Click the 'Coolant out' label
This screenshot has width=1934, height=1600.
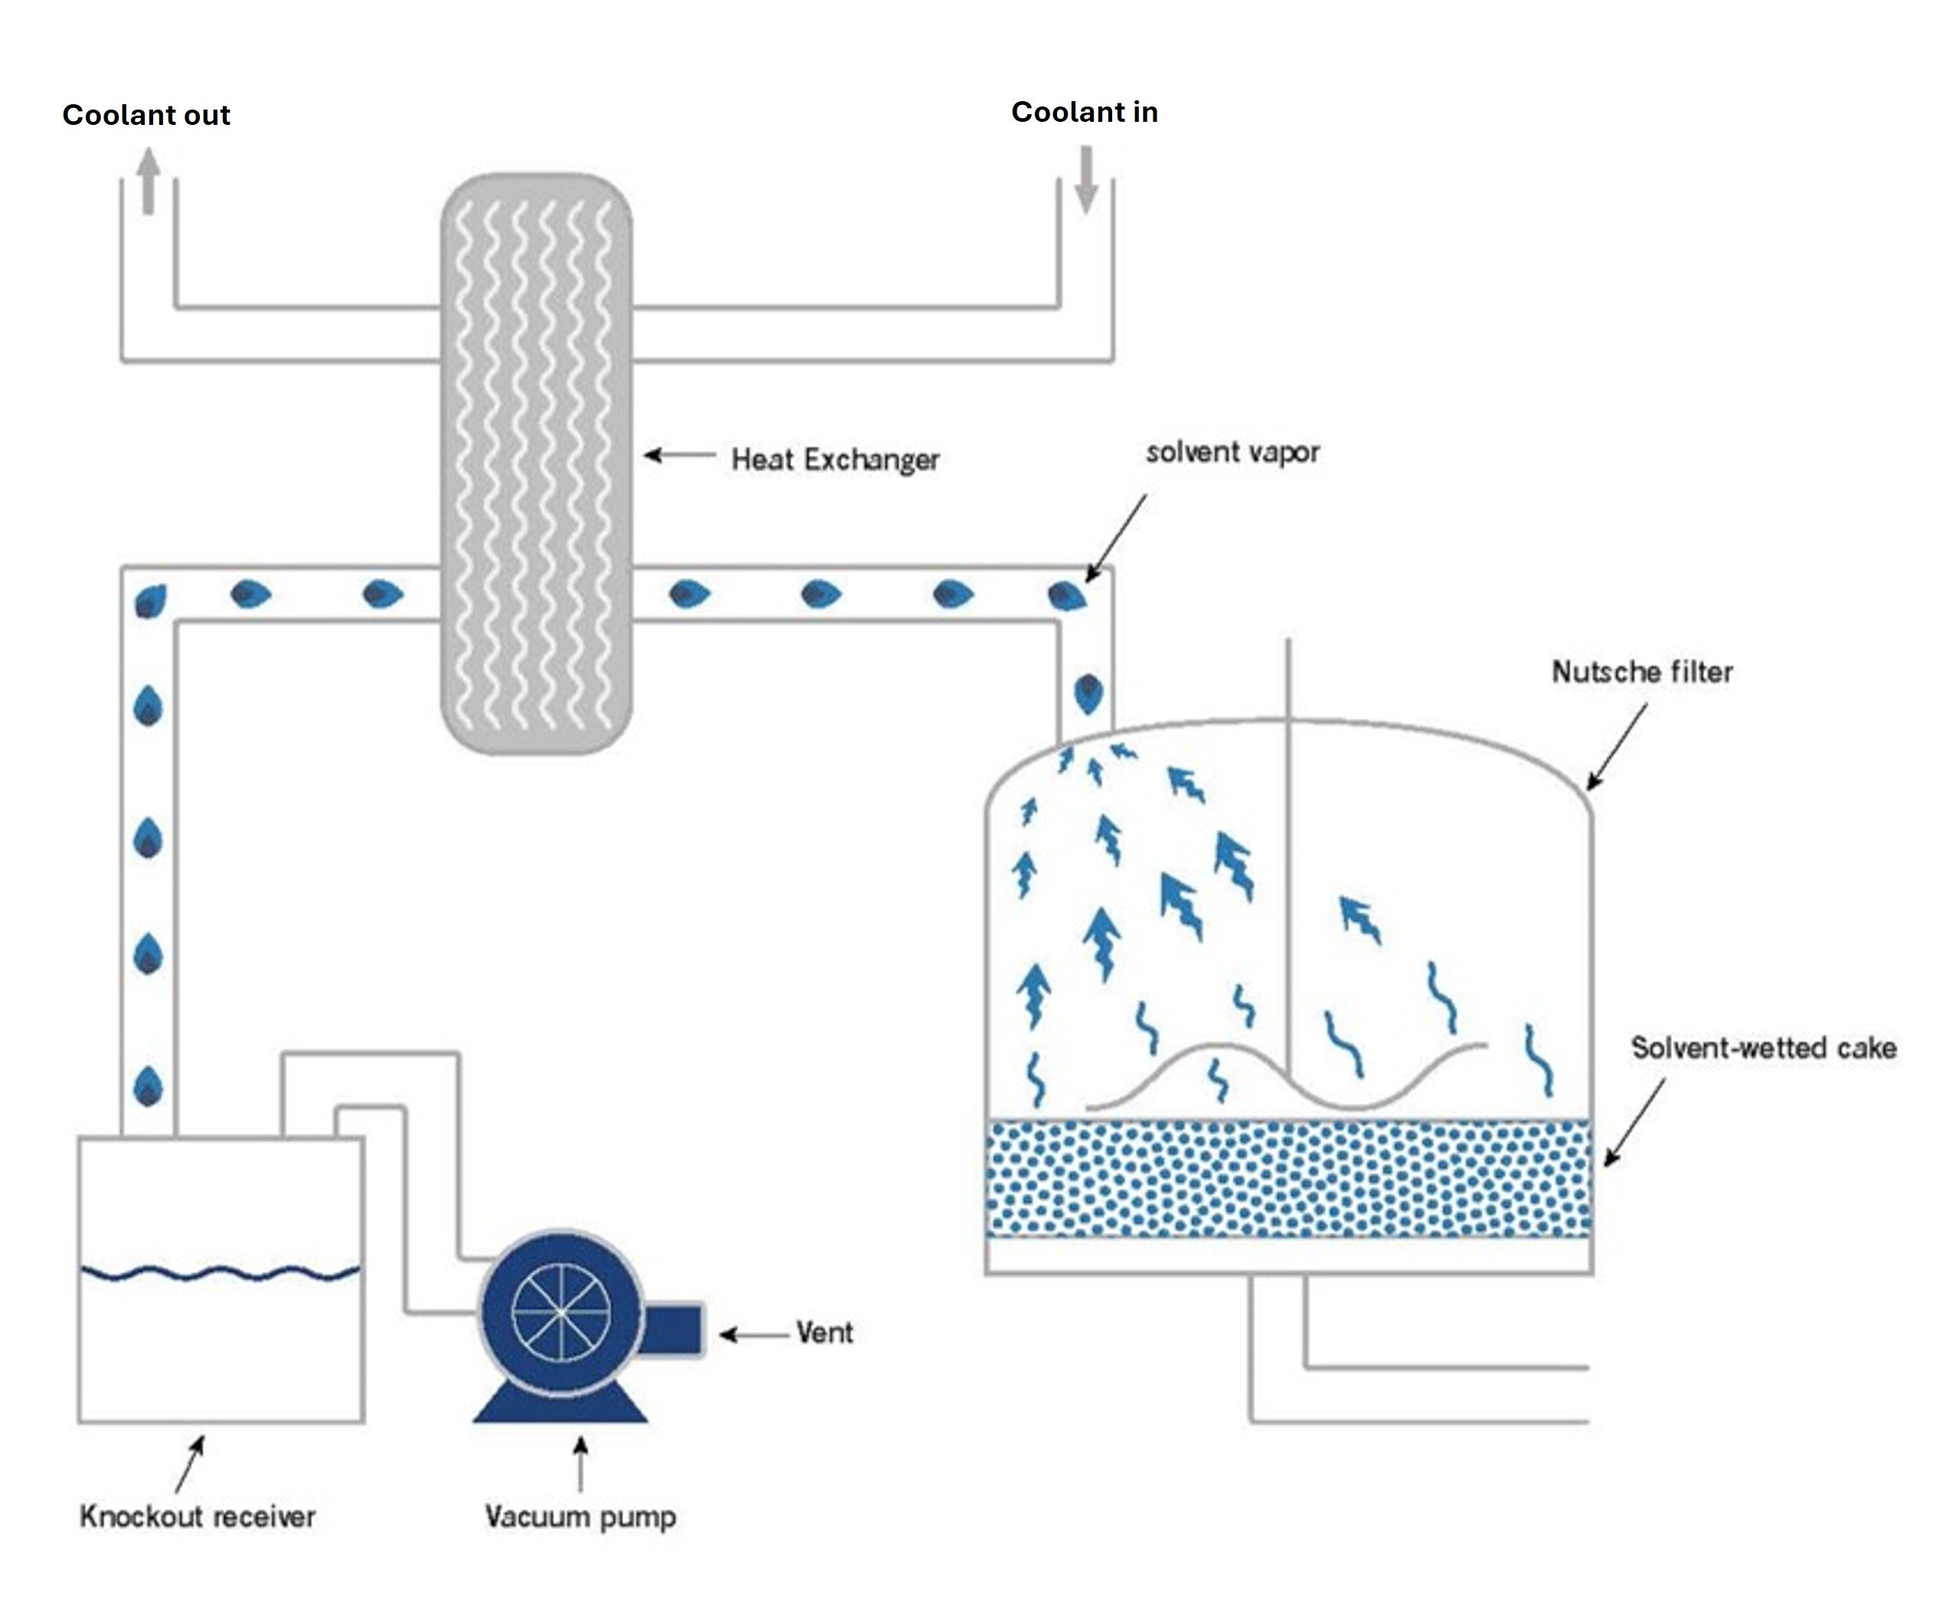click(146, 115)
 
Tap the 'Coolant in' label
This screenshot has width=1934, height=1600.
click(1084, 113)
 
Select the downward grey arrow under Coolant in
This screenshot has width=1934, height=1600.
click(1087, 179)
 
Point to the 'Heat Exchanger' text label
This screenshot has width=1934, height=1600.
click(834, 459)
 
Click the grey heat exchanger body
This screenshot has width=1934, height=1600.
click(537, 461)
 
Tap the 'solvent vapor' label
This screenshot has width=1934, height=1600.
click(1232, 452)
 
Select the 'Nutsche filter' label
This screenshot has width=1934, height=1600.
click(1641, 671)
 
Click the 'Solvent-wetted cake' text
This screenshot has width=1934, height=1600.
click(1762, 1048)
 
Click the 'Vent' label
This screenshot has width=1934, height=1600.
click(824, 1333)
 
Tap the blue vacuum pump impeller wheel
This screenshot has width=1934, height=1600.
click(561, 1312)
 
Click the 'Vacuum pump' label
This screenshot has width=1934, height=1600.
click(581, 1516)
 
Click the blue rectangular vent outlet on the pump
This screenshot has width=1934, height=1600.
click(673, 1330)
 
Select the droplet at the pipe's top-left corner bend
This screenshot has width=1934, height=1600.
click(150, 602)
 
